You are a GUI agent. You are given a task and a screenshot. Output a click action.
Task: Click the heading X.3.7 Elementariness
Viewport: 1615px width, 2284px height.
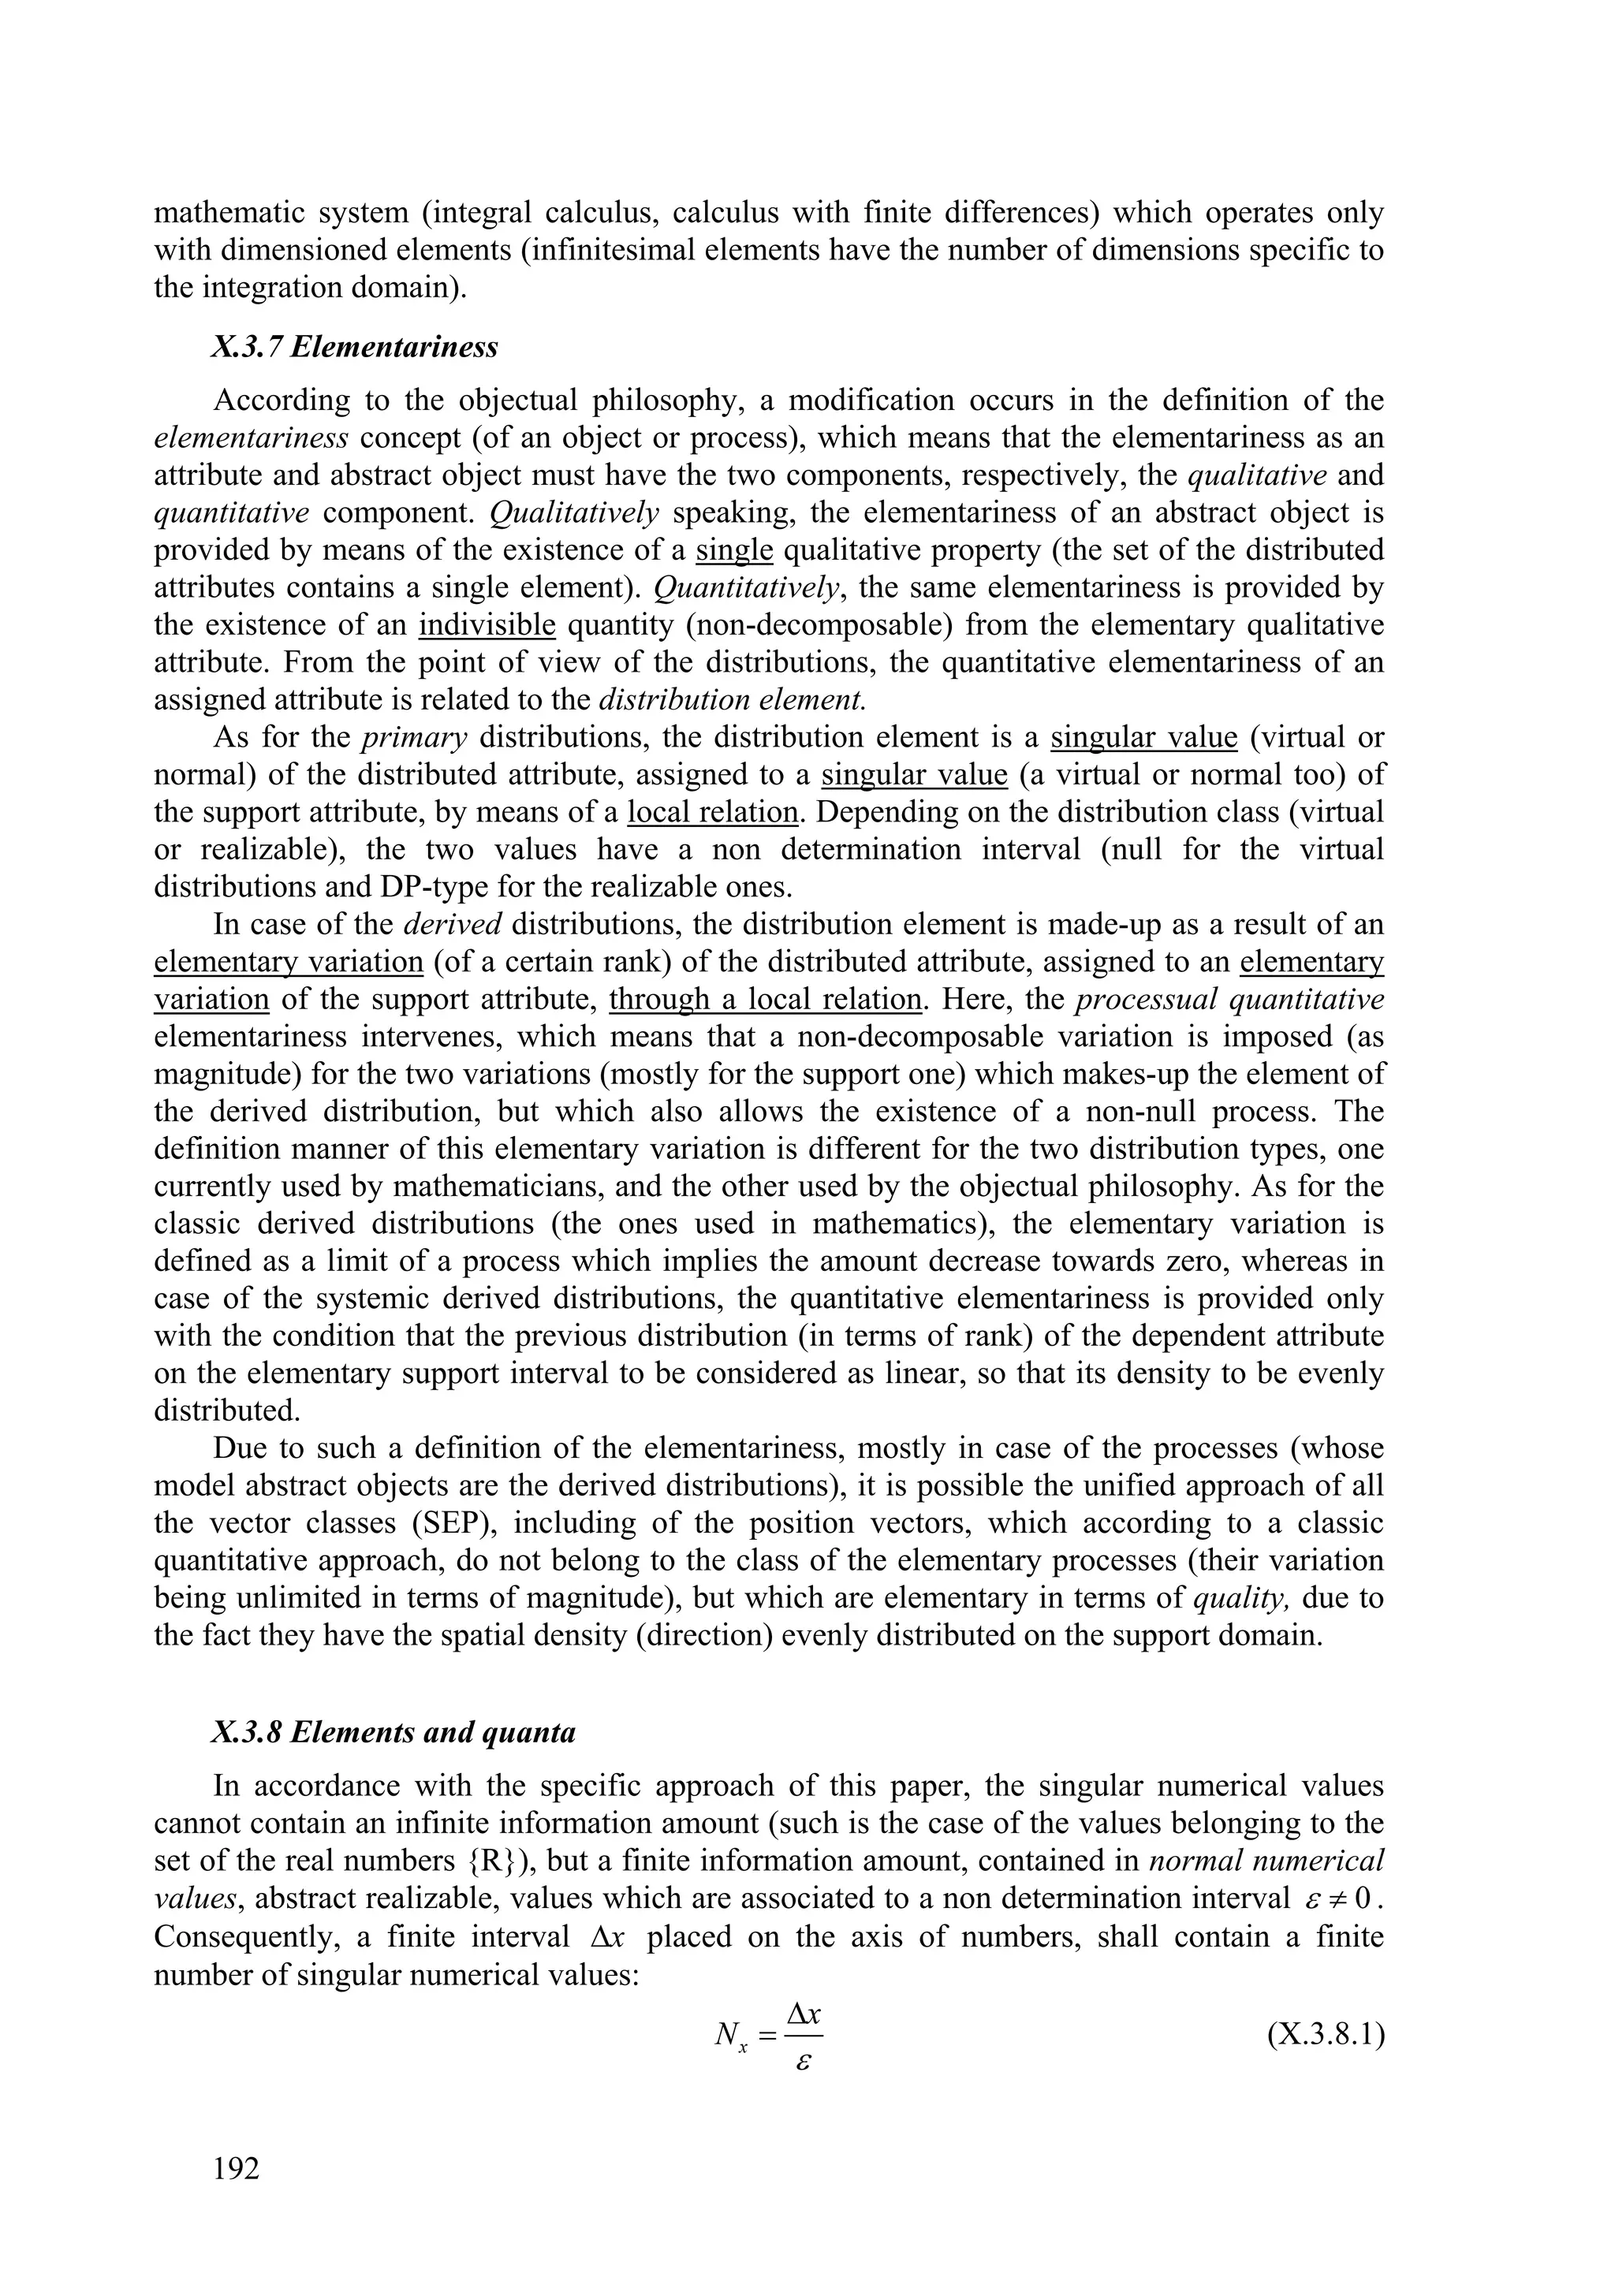tap(354, 348)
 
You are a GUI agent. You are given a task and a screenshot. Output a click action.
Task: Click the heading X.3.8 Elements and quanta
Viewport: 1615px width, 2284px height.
tap(393, 1732)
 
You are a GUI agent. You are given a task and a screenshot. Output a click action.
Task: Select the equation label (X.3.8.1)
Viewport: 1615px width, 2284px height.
tap(1326, 2036)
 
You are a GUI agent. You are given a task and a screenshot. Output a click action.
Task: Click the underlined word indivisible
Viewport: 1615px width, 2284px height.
tap(487, 624)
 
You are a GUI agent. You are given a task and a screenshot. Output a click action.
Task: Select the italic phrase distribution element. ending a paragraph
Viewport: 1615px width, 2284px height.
tap(733, 699)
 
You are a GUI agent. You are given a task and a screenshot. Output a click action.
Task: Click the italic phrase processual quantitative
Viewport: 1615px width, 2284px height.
tap(1230, 999)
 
